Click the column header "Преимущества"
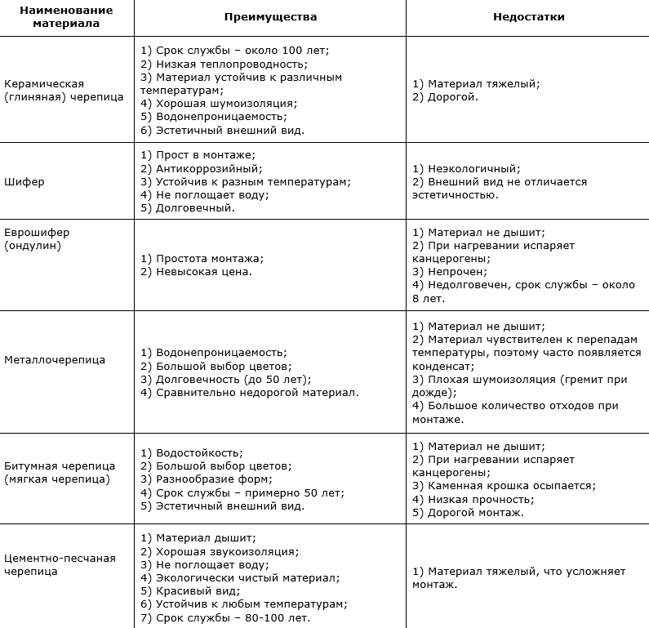click(270, 16)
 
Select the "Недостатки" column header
click(528, 16)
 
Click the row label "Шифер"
click(24, 181)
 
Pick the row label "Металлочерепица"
click(55, 359)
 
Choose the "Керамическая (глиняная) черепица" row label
click(64, 90)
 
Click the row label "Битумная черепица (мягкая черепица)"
click(58, 472)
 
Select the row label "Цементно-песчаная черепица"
click(60, 564)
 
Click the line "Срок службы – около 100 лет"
click(241, 51)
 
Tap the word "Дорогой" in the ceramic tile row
click(452, 96)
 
